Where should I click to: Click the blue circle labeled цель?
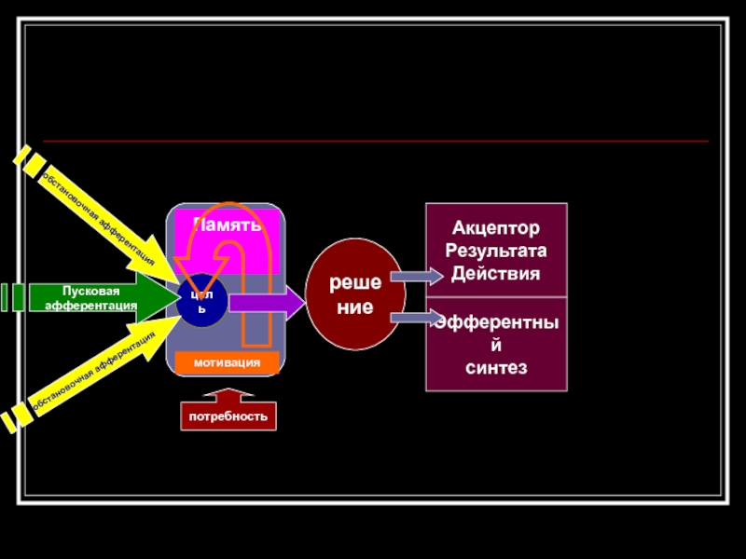[x=201, y=301]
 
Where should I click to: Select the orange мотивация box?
[x=226, y=361]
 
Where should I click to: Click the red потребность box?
[x=228, y=416]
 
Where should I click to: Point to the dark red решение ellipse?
[x=355, y=294]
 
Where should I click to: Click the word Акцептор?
[x=496, y=228]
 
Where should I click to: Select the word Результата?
[x=496, y=252]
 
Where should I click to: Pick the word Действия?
[x=496, y=274]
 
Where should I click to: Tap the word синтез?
[x=496, y=369]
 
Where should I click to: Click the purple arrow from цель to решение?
[x=266, y=302]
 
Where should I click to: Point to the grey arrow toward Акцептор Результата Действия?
[x=416, y=276]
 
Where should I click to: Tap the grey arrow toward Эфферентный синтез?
[x=416, y=319]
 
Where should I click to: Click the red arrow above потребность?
[x=228, y=394]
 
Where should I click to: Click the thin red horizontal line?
[x=373, y=142]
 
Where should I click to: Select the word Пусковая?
[x=92, y=291]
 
